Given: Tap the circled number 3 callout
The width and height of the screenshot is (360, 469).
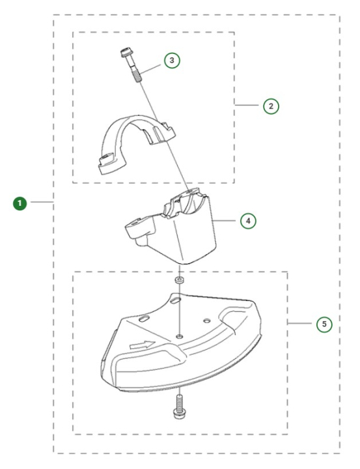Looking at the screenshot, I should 171,61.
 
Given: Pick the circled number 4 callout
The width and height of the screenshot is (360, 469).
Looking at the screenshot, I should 247,220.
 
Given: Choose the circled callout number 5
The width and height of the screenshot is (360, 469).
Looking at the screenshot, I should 324,323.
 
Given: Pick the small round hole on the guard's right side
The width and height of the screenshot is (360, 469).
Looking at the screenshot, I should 206,320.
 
